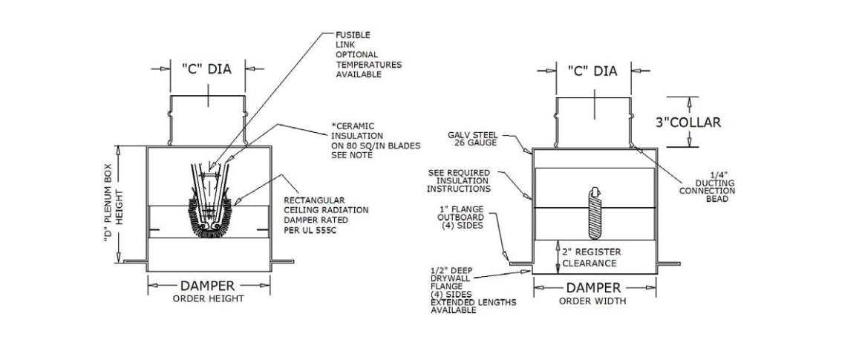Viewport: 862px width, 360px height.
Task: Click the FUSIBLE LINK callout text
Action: pos(369,55)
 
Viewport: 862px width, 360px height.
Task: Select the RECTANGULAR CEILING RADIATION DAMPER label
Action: pos(326,215)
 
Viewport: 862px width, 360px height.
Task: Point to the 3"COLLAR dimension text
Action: pos(688,122)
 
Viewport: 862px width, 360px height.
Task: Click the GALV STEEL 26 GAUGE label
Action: pos(473,139)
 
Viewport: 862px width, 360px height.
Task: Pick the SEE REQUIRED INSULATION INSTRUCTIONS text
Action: pos(459,181)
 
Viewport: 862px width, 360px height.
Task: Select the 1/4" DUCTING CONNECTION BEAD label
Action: pos(707,187)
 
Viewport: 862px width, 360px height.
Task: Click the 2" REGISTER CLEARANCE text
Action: pos(592,258)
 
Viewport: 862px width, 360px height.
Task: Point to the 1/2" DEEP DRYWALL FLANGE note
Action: pos(474,291)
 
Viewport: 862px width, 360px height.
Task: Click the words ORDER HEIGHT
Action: pos(209,299)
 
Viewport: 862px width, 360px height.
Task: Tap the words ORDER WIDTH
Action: pos(592,301)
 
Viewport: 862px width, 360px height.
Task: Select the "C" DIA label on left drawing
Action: pos(206,69)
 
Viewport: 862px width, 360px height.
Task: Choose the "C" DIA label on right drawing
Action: pos(592,71)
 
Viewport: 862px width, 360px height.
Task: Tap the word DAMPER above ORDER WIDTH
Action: pos(593,287)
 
